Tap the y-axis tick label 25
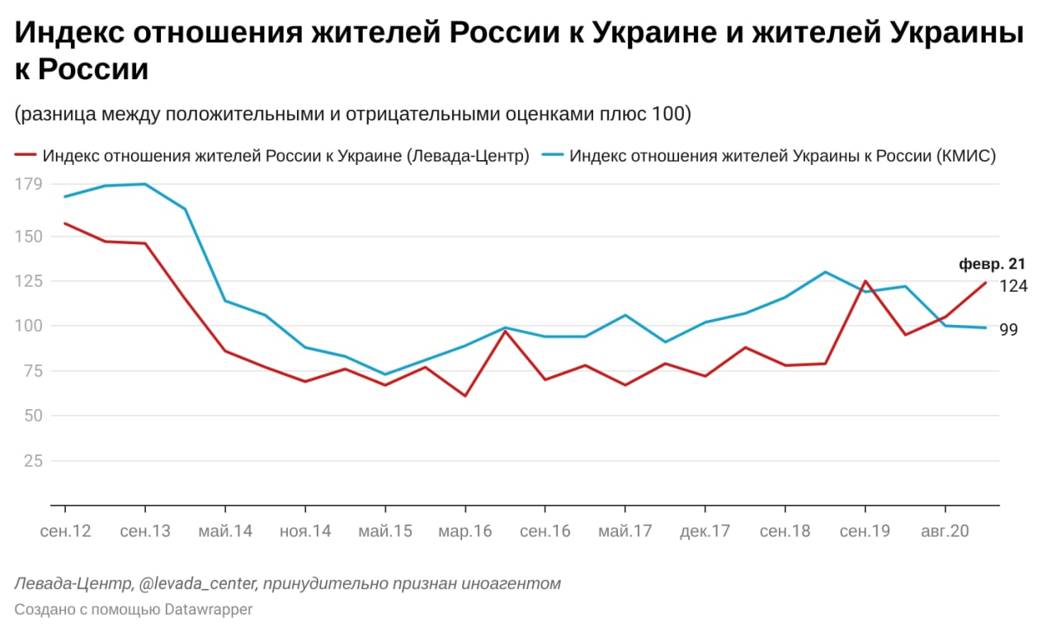click(33, 460)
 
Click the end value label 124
click(1013, 286)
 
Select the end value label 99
click(1009, 330)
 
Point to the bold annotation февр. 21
click(992, 265)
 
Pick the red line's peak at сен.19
click(865, 281)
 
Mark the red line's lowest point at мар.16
click(465, 396)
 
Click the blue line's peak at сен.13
click(145, 184)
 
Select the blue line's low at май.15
click(385, 374)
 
